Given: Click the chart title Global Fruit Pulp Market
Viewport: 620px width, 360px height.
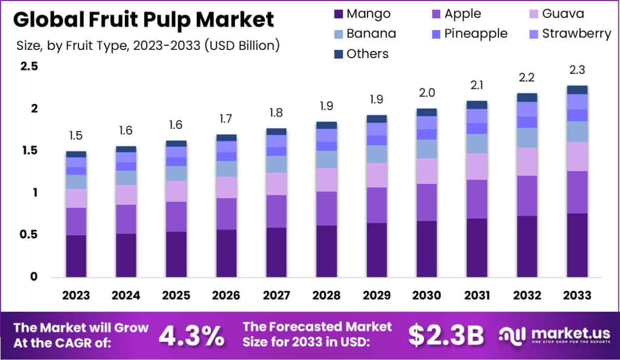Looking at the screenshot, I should [x=143, y=20].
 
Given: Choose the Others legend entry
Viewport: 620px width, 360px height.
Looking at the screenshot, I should [x=361, y=54].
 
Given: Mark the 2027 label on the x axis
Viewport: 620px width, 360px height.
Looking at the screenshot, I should [x=276, y=296].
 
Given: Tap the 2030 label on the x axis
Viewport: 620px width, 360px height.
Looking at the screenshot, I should [x=427, y=296].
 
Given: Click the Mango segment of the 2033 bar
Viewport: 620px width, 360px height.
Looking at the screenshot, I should [x=577, y=245].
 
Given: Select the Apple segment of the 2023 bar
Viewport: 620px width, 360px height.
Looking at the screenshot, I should [x=76, y=221].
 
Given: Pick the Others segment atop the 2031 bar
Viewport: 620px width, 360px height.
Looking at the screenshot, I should [x=477, y=104].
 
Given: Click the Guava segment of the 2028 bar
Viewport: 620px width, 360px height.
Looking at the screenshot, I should [x=326, y=180].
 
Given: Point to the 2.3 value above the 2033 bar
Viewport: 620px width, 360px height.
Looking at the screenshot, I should [x=577, y=70].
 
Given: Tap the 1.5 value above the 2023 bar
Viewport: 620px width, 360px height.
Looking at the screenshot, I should [x=76, y=136].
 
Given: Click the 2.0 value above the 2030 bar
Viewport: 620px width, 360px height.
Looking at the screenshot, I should [x=427, y=93].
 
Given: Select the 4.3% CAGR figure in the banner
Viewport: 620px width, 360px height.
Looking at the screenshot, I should [x=191, y=336].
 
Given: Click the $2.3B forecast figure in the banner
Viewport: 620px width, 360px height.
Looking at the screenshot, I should [x=446, y=336].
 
